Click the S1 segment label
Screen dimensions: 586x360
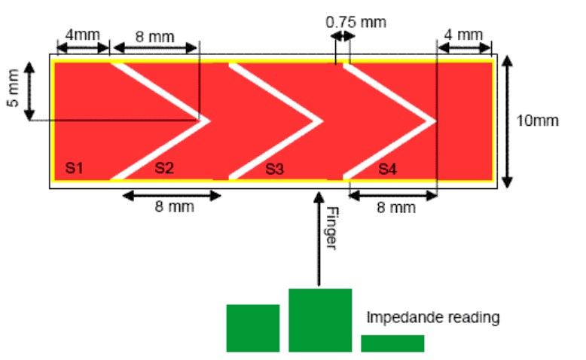[x=74, y=168]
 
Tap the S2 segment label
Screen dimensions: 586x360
[x=164, y=168]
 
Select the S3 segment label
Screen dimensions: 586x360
[x=275, y=169]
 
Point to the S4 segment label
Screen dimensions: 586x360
[x=388, y=169]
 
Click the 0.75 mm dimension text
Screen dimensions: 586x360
[x=356, y=23]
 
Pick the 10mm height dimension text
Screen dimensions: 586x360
[x=537, y=121]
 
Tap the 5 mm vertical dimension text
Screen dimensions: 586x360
[x=13, y=88]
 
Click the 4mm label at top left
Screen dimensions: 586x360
[x=83, y=35]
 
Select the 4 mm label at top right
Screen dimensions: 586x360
[x=463, y=35]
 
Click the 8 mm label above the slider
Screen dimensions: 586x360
[x=154, y=37]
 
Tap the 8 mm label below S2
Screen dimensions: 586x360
[x=175, y=206]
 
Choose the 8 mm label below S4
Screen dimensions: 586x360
[x=396, y=207]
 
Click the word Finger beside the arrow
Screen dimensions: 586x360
[x=332, y=228]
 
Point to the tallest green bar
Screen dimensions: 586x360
[x=320, y=320]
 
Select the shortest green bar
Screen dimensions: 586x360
[x=392, y=343]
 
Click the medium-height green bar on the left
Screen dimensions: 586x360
[x=253, y=328]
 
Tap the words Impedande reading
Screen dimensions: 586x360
[x=433, y=317]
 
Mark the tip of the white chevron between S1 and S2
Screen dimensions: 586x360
[x=210, y=121]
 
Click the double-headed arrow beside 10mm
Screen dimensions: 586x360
[x=507, y=121]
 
